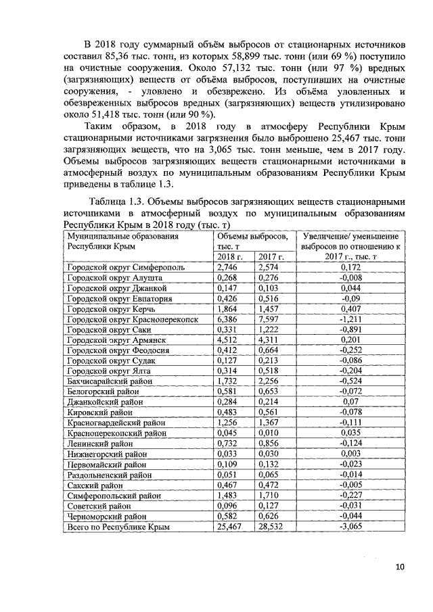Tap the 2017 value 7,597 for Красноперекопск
269,318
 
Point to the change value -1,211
350,318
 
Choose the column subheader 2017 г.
271,257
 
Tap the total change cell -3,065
350,525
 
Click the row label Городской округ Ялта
106,371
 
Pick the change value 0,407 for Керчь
350,308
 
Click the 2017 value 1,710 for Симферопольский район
269,495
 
